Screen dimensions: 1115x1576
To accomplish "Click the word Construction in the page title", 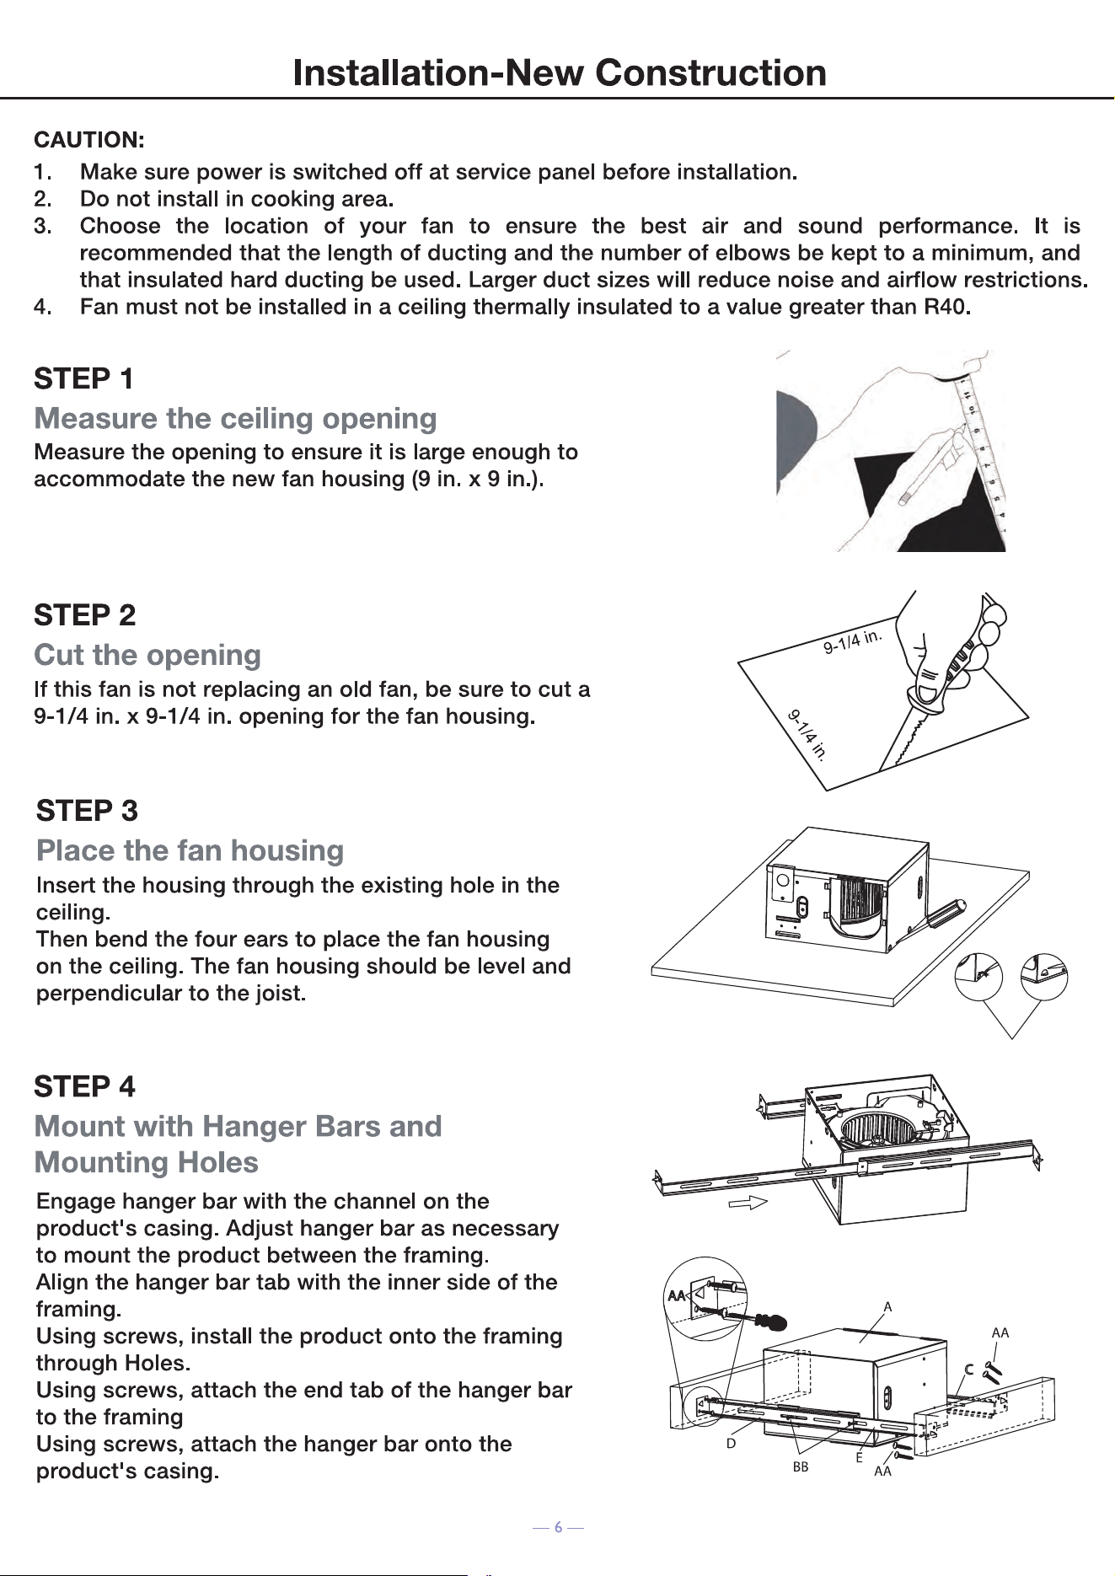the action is click(x=710, y=72).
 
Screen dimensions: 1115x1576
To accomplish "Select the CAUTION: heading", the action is click(x=88, y=139).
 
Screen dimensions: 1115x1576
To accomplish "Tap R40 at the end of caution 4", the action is click(x=948, y=306).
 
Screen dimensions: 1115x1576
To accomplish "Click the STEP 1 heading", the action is click(x=83, y=378).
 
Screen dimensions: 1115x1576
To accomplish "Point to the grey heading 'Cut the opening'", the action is click(x=147, y=655).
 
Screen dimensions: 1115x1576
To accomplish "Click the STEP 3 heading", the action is click(x=87, y=811).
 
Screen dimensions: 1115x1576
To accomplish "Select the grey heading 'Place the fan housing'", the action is click(x=190, y=850).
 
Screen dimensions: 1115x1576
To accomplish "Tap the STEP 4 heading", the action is click(x=84, y=1086).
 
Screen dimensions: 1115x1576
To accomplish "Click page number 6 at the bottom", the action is click(x=558, y=1527).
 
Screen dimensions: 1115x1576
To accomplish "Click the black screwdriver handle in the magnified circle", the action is click(x=769, y=1321).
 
